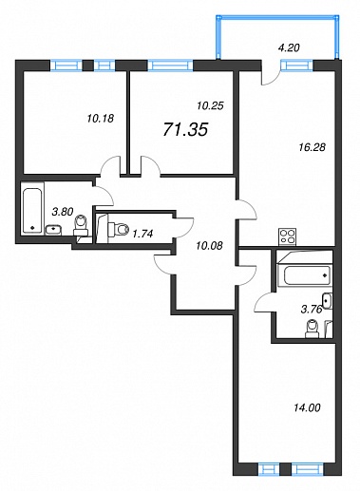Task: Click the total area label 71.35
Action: click(x=185, y=129)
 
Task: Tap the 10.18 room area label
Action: click(x=100, y=119)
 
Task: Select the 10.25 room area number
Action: click(x=210, y=105)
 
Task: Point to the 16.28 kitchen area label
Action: click(x=313, y=147)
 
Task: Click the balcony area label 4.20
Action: click(x=289, y=47)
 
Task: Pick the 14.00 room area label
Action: click(x=307, y=407)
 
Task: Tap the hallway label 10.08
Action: click(x=209, y=245)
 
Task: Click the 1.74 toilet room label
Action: click(x=142, y=234)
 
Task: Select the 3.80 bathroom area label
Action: click(x=63, y=211)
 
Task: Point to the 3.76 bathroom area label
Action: click(x=312, y=309)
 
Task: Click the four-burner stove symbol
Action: click(x=288, y=237)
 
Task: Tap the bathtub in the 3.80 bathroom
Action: click(x=32, y=211)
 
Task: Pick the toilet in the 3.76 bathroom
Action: click(x=312, y=329)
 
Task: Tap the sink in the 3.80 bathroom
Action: click(x=54, y=230)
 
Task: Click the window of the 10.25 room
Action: click(x=170, y=66)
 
